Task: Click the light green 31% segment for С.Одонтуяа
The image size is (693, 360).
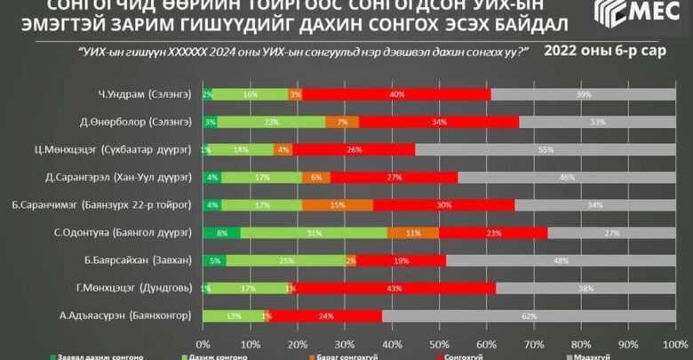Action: click(x=313, y=233)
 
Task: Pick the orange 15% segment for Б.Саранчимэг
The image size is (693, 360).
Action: click(x=335, y=205)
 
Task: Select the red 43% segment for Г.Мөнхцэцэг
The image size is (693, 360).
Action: click(x=394, y=288)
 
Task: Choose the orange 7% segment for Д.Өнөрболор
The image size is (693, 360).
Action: click(x=342, y=122)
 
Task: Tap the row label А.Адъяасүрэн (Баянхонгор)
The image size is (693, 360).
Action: click(x=130, y=316)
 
